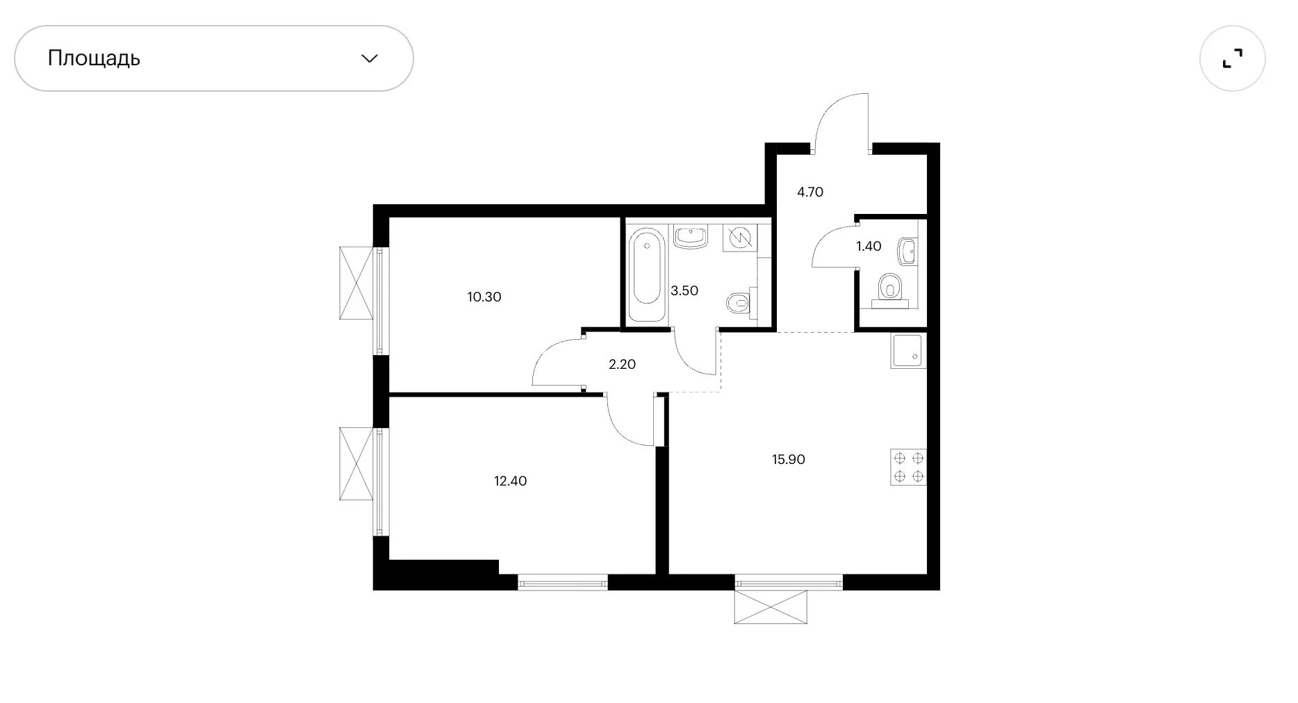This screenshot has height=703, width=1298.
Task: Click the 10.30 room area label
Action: [484, 297]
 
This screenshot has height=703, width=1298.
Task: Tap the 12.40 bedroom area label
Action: [511, 481]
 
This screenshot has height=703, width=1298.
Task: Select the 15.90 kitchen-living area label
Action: [789, 459]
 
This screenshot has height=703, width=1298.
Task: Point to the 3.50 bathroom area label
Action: [684, 290]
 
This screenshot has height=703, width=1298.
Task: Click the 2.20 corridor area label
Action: [622, 364]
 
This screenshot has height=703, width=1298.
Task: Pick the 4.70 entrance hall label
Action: [810, 192]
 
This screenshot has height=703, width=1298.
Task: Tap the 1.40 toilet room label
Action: [869, 246]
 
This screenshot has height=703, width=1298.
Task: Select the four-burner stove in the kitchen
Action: [908, 468]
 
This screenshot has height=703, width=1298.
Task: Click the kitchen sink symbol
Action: [908, 351]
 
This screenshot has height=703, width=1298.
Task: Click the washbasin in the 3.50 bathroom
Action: [690, 237]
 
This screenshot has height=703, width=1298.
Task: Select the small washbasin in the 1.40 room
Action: [907, 251]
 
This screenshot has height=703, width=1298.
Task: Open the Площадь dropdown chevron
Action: [370, 58]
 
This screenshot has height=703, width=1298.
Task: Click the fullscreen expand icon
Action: [1232, 58]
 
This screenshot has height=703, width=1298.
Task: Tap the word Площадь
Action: [94, 58]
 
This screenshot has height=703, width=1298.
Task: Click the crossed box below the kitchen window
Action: [771, 606]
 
